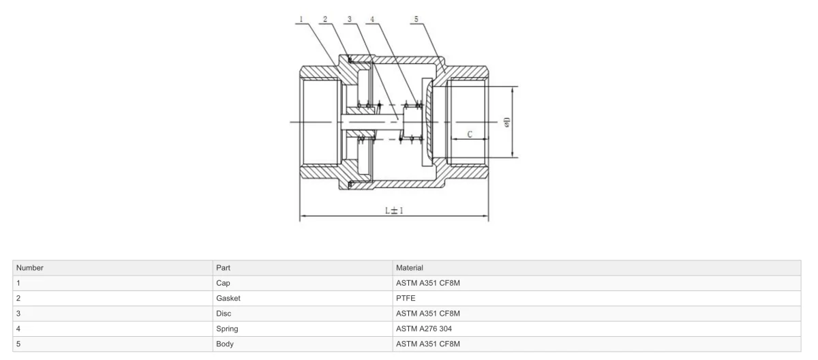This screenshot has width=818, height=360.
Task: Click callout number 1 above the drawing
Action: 301,19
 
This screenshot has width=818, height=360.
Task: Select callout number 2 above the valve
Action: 325,19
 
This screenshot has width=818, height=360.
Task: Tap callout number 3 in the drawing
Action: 350,19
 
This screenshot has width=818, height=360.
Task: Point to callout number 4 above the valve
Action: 372,19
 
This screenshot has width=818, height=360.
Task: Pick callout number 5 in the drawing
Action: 416,19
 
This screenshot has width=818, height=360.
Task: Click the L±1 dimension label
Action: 394,210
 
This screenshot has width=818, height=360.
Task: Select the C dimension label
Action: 470,134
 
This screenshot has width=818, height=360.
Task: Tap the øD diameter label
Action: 506,122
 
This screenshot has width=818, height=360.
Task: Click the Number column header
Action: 29,268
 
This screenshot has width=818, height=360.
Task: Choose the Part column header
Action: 223,268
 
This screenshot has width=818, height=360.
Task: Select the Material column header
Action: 410,268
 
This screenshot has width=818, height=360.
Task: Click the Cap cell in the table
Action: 223,283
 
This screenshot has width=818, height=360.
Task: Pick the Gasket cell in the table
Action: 228,299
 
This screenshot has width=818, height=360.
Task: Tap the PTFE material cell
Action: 406,299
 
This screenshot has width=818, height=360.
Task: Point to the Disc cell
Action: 224,314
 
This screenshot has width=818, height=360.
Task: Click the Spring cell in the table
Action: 227,329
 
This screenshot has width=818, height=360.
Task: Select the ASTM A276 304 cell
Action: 424,329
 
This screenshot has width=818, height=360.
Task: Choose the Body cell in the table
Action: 224,344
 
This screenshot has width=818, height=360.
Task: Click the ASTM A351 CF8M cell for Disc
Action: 428,314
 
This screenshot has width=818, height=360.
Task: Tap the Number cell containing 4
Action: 18,329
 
